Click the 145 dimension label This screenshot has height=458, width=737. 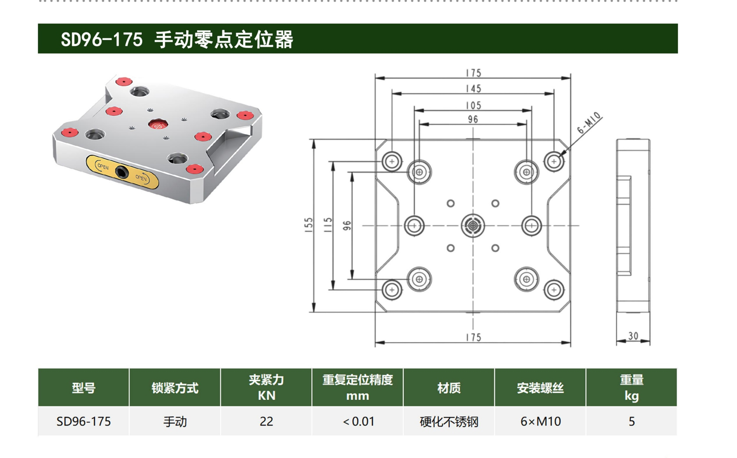[x=473, y=88]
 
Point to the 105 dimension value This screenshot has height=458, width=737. [x=473, y=105]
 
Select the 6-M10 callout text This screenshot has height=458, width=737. [x=589, y=123]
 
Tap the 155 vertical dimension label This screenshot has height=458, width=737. [x=309, y=225]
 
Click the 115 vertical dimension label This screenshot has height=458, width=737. [x=328, y=225]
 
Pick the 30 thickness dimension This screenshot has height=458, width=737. [x=633, y=336]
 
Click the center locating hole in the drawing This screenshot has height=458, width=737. [x=473, y=226]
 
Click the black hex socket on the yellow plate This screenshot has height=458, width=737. [x=122, y=173]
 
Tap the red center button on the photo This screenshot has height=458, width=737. [x=158, y=124]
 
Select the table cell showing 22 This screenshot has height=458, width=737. [x=266, y=421]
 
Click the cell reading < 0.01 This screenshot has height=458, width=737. [x=358, y=421]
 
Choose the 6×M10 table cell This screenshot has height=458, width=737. [x=540, y=421]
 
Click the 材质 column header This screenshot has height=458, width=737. [x=449, y=388]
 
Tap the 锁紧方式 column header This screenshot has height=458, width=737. [x=175, y=388]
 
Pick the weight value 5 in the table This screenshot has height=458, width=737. [x=632, y=421]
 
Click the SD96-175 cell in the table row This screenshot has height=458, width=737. [x=84, y=421]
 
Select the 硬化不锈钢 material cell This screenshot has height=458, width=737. [x=449, y=421]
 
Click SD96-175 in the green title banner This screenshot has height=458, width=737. [x=102, y=39]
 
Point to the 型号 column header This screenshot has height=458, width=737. [x=84, y=388]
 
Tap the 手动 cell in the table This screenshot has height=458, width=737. [x=175, y=421]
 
